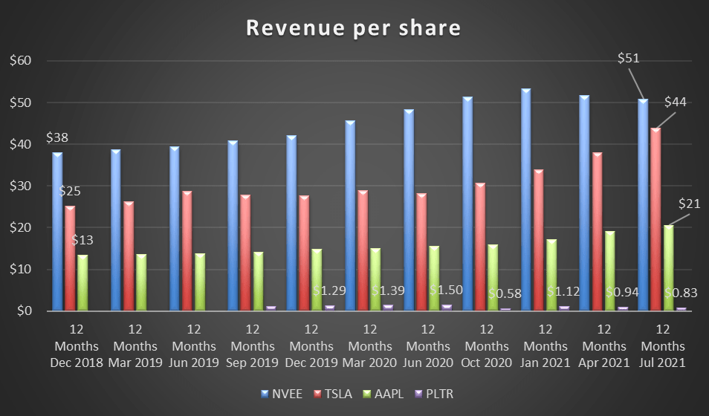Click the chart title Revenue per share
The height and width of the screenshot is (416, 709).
point(354,27)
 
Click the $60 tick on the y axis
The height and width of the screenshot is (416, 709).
point(23,61)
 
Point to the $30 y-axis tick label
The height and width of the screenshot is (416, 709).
point(23,186)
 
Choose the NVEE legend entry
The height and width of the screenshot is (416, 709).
point(285,394)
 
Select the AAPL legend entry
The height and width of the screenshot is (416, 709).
point(386,394)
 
